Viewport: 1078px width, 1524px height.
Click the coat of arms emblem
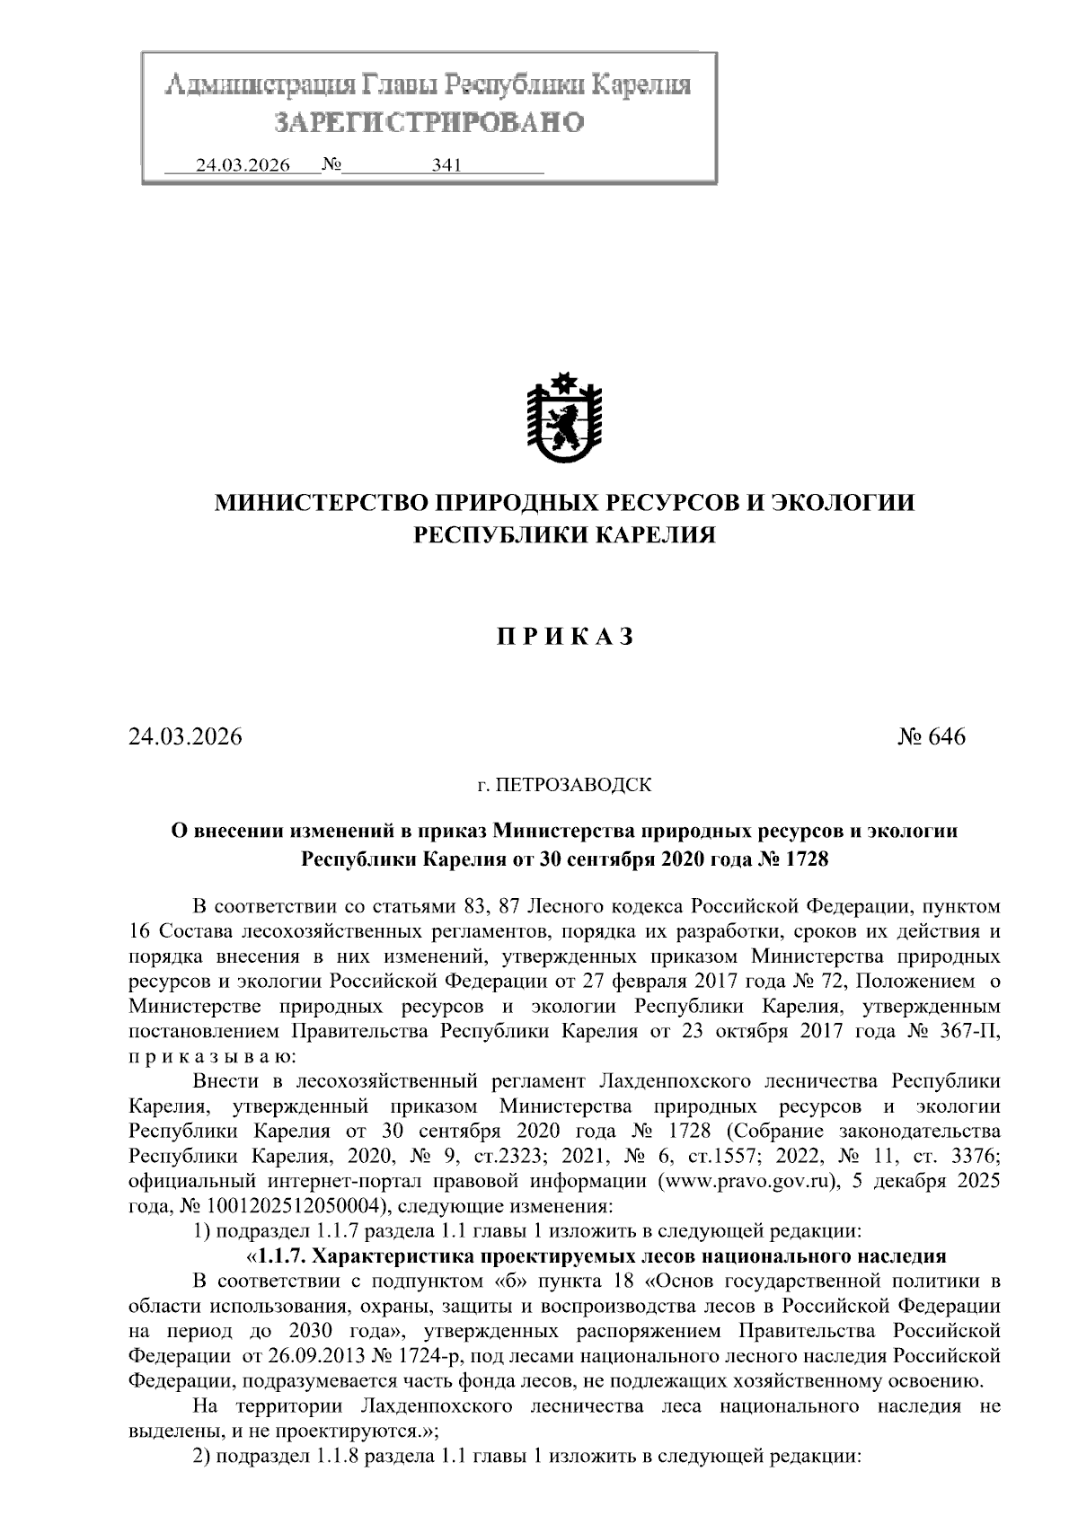(x=564, y=419)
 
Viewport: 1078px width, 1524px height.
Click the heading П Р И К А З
(x=565, y=637)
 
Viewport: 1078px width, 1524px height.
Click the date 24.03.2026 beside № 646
(x=185, y=737)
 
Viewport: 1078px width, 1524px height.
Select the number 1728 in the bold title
(x=806, y=859)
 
